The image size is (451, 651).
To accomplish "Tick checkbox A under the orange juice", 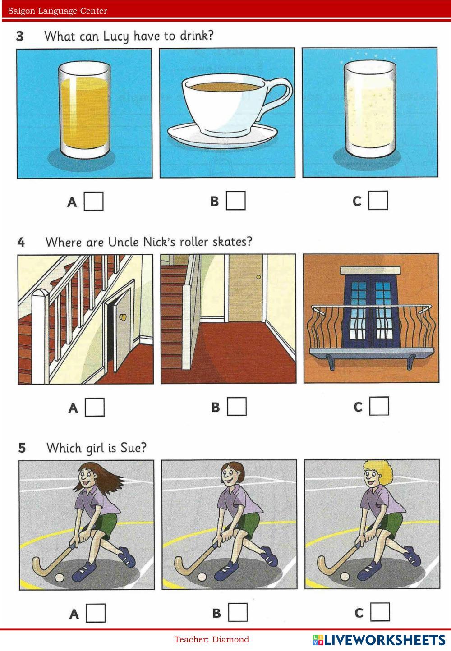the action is click(x=94, y=201).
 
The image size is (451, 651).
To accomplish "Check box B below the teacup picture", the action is click(x=236, y=200).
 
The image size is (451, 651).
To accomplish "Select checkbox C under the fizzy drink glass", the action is click(x=378, y=200).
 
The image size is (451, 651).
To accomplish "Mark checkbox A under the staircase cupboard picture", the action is click(x=95, y=407).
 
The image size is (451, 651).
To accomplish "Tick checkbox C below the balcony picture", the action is click(x=379, y=406).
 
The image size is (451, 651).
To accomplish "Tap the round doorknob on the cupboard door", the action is click(x=123, y=317).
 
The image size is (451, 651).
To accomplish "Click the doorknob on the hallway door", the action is click(x=258, y=277).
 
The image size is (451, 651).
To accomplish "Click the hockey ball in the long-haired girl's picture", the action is click(x=59, y=577).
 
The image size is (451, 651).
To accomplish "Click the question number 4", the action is click(x=21, y=242).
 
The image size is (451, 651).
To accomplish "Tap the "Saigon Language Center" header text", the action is click(x=58, y=11).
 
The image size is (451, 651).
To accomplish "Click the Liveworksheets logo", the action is click(x=378, y=640).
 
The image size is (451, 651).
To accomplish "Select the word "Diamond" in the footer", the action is click(x=230, y=639).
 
